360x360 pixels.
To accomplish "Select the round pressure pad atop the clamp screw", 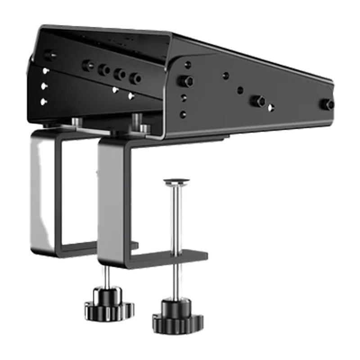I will coord(176,182).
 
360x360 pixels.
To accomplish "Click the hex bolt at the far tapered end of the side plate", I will coord(327,104).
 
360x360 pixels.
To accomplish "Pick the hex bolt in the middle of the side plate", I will coord(258,101).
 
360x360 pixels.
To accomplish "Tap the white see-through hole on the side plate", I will coord(271,108).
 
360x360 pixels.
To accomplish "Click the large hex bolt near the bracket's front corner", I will coord(186,81).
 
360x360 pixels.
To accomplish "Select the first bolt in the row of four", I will coord(88,65).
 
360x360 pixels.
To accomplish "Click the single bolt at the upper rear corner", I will coord(49,55).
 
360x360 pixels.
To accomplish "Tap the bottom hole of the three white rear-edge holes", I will coord(44,102).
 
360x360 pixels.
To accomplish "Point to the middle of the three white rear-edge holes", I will coord(44,85).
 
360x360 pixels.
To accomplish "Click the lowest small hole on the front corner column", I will coord(183,114).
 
